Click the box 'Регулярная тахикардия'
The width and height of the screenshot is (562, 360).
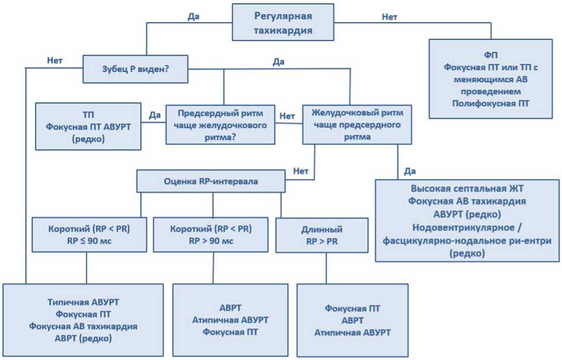click(283, 23)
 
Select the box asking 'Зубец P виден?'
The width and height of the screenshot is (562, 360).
click(135, 69)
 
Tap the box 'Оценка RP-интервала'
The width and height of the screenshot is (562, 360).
click(211, 181)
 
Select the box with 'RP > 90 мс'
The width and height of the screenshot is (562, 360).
click(210, 235)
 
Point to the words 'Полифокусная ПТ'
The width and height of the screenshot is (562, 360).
click(490, 103)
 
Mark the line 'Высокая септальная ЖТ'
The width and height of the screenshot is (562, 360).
click(467, 189)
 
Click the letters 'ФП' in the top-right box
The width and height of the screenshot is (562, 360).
click(490, 55)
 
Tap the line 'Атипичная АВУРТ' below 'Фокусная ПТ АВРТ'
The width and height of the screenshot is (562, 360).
click(352, 332)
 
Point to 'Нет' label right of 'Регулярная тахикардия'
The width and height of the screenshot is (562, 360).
click(389, 17)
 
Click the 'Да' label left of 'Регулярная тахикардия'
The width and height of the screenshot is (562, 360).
click(193, 17)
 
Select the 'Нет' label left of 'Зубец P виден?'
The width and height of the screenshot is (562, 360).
click(55, 60)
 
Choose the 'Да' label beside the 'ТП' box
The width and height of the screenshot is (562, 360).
click(154, 114)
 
